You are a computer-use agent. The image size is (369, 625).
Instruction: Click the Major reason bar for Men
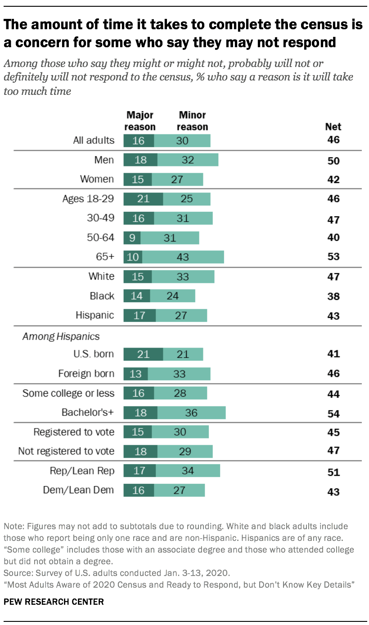(140, 160)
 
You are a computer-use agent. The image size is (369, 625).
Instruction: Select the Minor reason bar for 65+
(183, 257)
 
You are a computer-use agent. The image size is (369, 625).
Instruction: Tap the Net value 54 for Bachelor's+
(333, 413)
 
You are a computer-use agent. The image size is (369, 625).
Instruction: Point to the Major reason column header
(140, 121)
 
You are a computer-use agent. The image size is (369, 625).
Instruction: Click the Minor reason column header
(192, 121)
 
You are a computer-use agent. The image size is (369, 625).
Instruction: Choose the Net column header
(333, 126)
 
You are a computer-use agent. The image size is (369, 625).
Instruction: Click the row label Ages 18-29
(88, 199)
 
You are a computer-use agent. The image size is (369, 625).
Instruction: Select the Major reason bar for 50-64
(132, 237)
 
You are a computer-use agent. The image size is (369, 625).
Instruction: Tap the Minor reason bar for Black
(172, 296)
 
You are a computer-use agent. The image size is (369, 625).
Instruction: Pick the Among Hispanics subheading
(61, 336)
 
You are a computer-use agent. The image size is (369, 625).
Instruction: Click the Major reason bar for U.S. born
(143, 354)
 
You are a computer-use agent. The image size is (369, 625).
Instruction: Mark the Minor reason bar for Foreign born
(179, 374)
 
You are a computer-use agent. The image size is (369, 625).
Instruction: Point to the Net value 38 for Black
(333, 296)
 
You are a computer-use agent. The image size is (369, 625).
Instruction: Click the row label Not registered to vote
(66, 451)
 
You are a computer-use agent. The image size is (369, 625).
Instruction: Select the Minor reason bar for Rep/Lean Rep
(188, 471)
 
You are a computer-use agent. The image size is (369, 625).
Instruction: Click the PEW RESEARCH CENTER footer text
(54, 602)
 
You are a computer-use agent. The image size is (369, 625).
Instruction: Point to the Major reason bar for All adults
(139, 140)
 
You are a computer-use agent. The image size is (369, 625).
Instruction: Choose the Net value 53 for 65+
(333, 257)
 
